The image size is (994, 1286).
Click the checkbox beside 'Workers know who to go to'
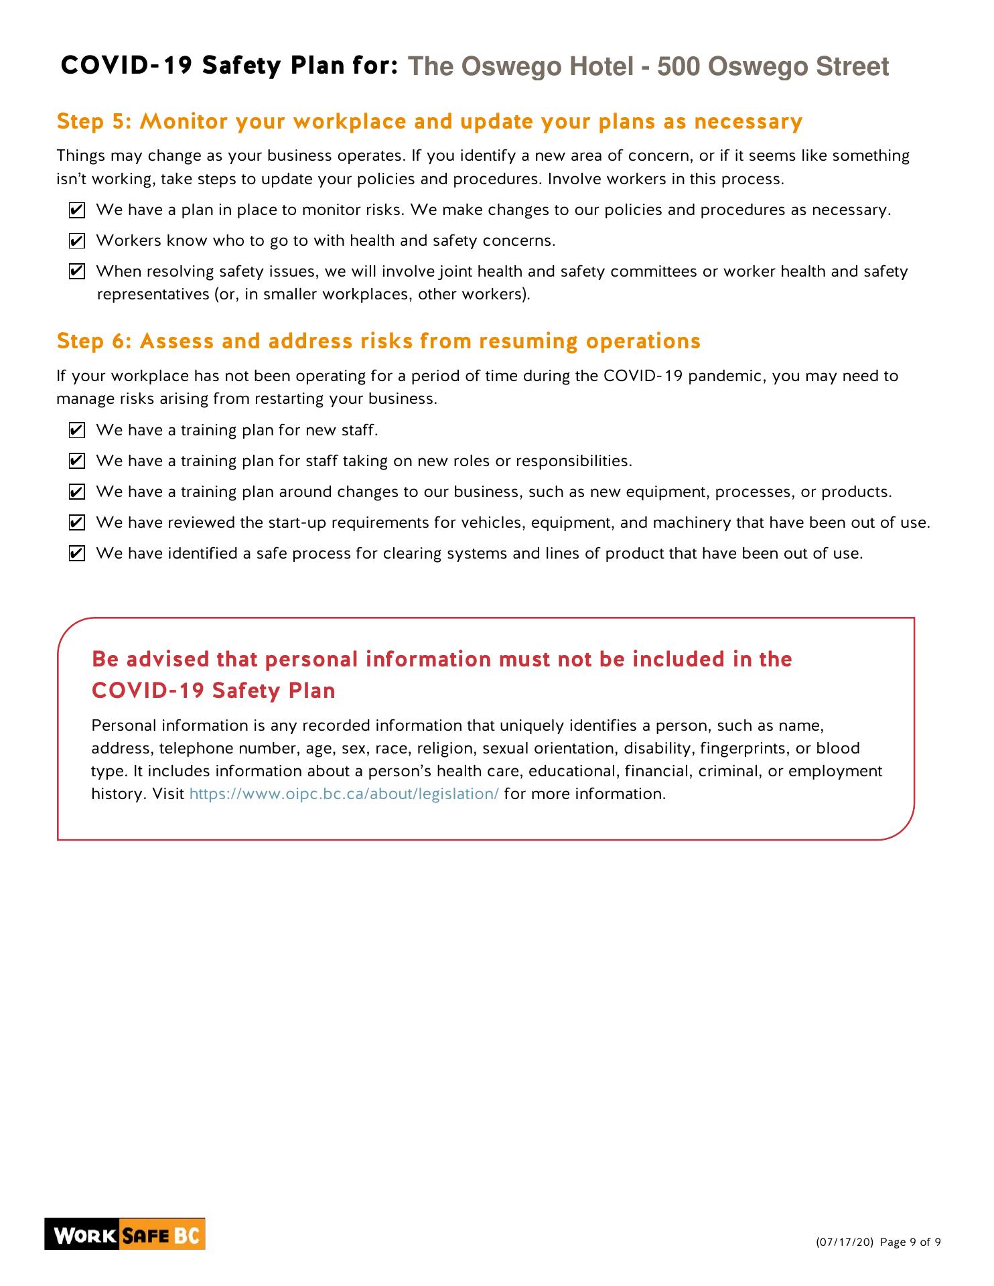pos(77,241)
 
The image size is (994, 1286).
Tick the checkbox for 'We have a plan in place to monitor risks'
pos(77,210)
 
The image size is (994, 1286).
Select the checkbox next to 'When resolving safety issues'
pos(77,272)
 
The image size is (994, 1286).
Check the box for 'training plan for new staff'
pos(77,430)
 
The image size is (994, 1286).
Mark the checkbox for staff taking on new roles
pos(77,461)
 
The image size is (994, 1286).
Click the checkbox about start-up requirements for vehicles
pos(77,522)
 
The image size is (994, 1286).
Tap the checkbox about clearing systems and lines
pos(77,553)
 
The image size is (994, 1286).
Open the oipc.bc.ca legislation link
pos(344,794)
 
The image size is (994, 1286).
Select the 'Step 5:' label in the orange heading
pos(94,122)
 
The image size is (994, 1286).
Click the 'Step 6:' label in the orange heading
pos(94,342)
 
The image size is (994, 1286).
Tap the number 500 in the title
pos(678,67)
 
